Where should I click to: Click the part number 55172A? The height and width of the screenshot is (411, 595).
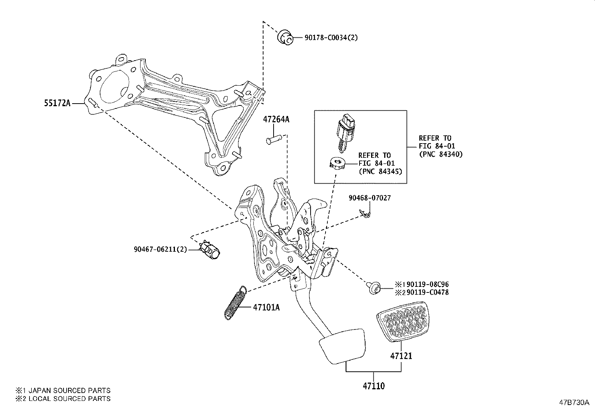pos(57,103)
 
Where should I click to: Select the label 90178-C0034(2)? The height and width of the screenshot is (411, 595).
pos(326,37)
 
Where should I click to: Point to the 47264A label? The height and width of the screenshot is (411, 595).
pos(276,119)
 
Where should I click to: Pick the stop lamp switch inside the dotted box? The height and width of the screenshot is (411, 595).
pos(345,133)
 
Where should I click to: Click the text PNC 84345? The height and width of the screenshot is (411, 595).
pos(380,172)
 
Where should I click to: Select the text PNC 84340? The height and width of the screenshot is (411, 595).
pos(441,154)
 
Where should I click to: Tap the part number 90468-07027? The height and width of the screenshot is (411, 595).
pos(370,198)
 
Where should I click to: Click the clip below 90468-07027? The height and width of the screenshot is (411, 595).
pos(365,214)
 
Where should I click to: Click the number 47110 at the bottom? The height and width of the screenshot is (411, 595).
pos(373,386)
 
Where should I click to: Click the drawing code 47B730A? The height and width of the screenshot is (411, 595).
pos(574,402)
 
